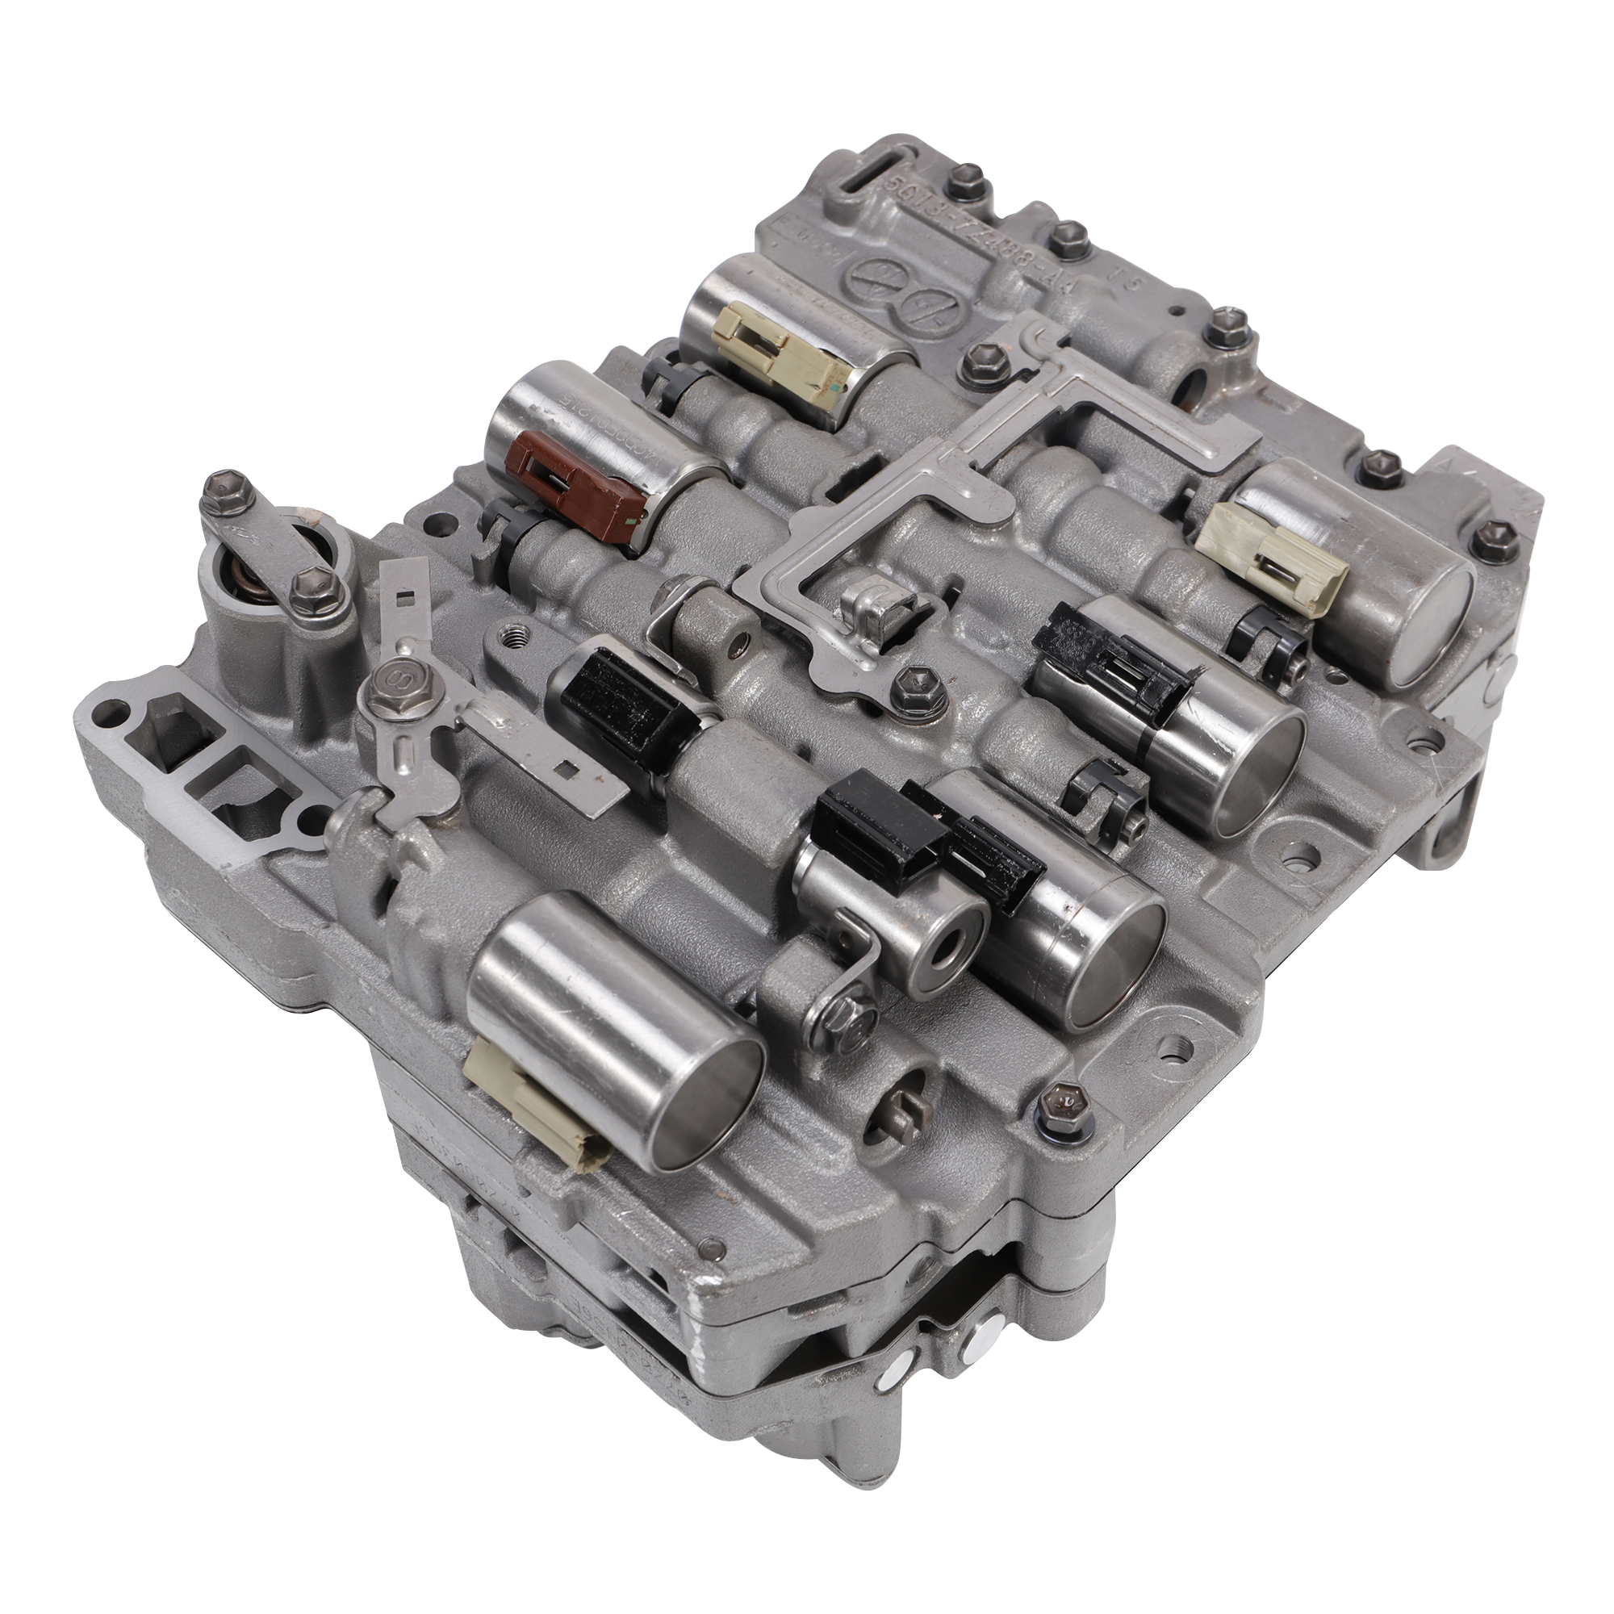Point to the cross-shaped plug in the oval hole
pyautogui.click(x=904, y=1111)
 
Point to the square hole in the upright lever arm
pyautogui.click(x=406, y=596)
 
